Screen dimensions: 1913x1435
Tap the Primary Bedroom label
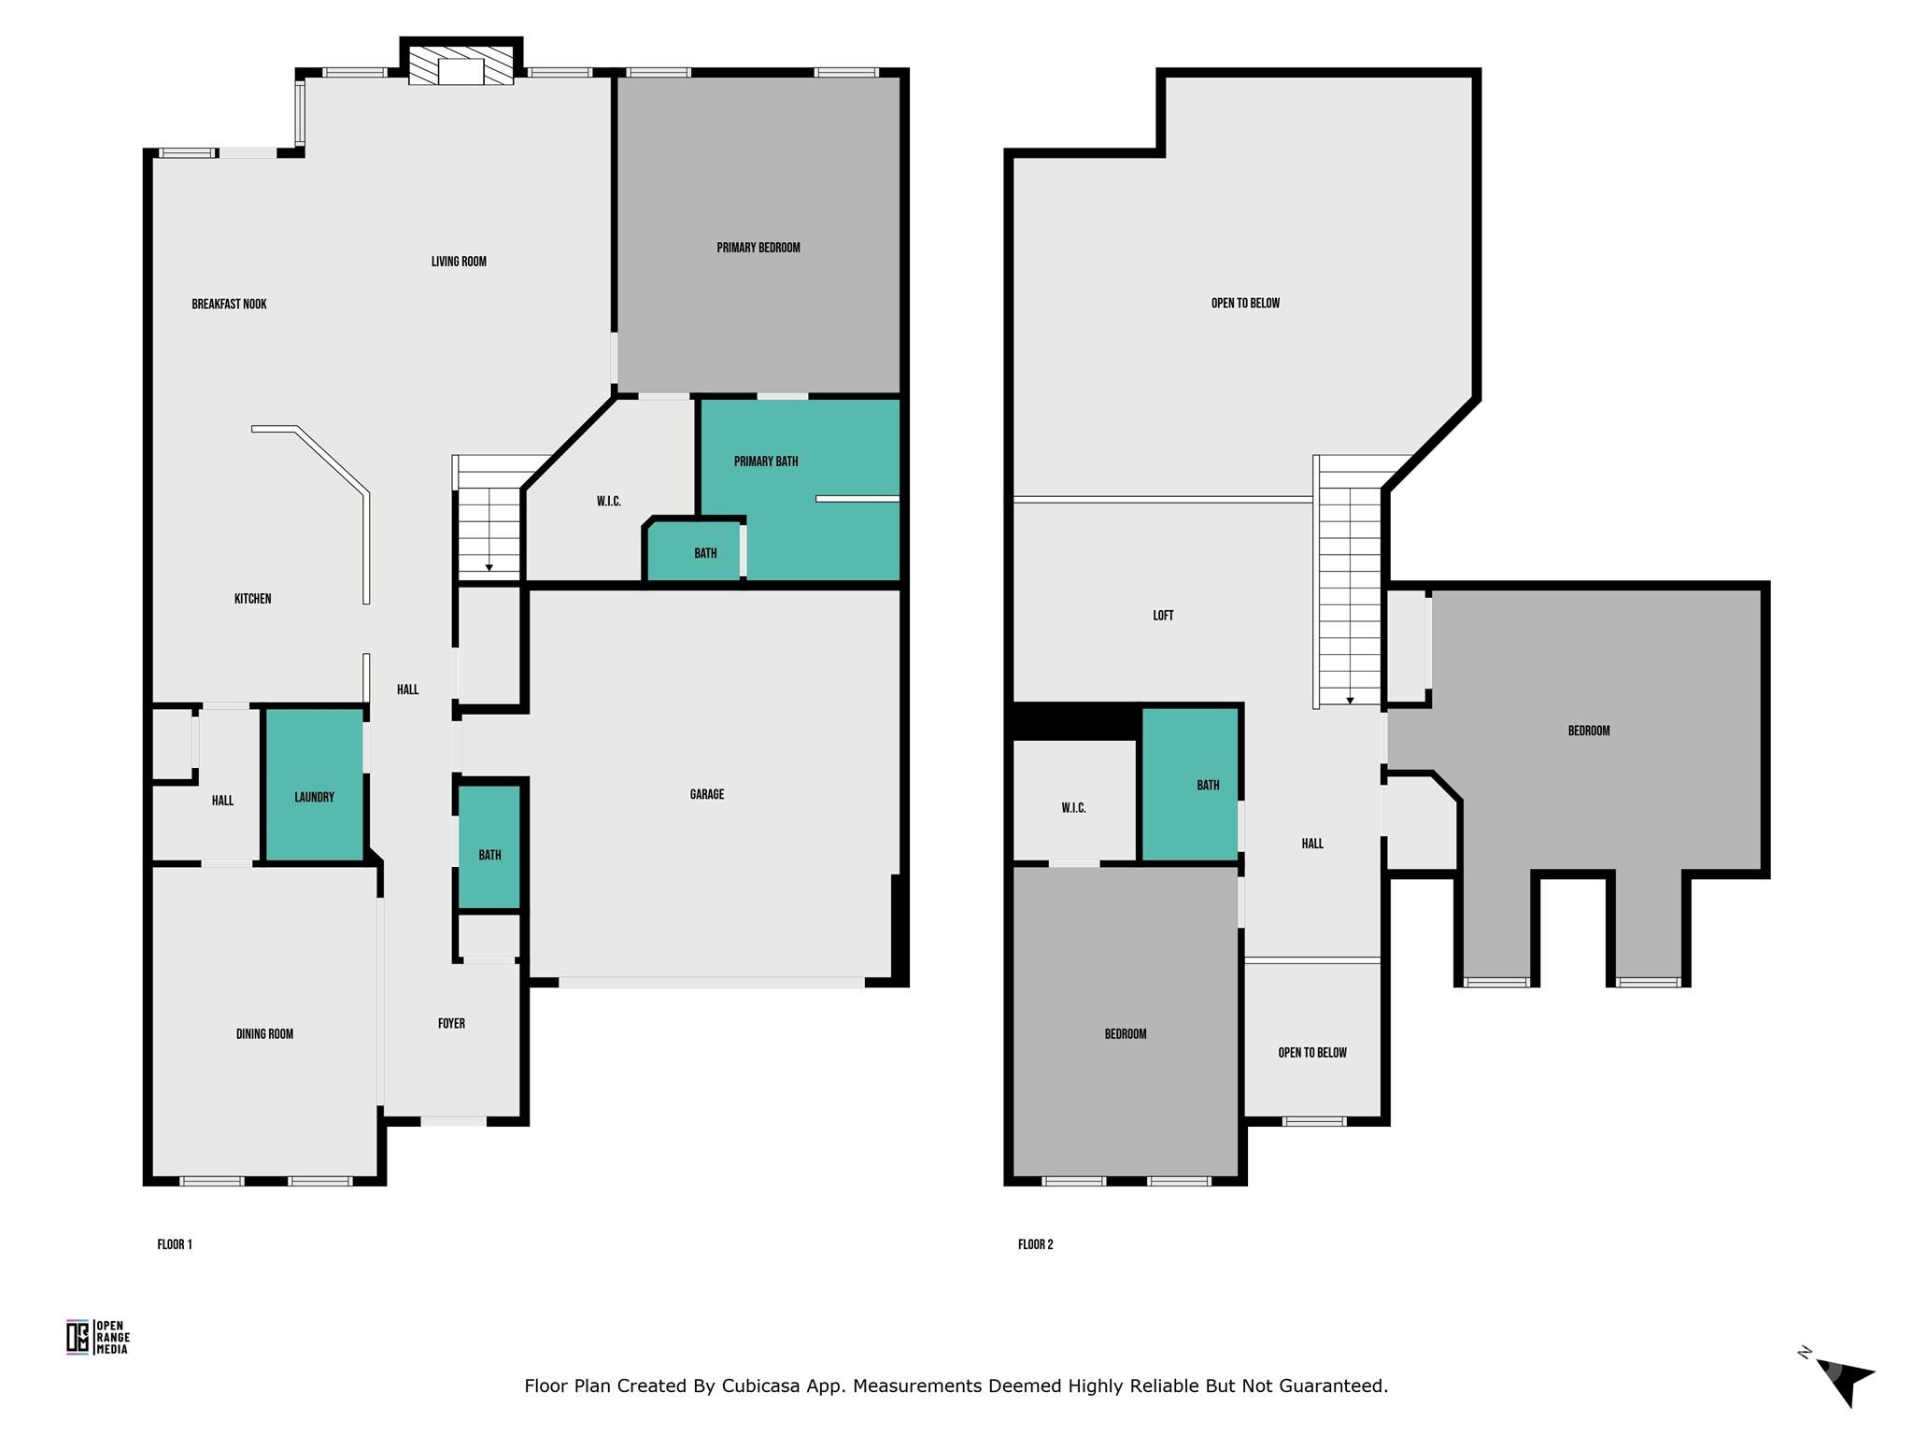758,248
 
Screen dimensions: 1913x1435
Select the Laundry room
314,784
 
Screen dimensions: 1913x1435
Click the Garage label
707,794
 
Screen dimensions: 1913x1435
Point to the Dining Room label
264,1033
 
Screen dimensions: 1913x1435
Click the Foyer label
451,1023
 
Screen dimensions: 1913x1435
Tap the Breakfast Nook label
229,304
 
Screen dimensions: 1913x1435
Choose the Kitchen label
252,598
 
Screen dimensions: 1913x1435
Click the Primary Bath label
766,461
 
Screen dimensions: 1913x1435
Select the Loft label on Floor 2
1163,615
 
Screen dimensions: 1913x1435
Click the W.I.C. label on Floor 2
1073,807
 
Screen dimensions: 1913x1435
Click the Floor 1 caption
175,1243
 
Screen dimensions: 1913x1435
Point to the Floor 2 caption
1036,1243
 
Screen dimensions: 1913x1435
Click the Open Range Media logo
98,1337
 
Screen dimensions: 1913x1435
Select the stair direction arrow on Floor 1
489,567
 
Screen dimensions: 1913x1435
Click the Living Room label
459,261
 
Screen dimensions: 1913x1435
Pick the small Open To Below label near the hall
1312,1052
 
